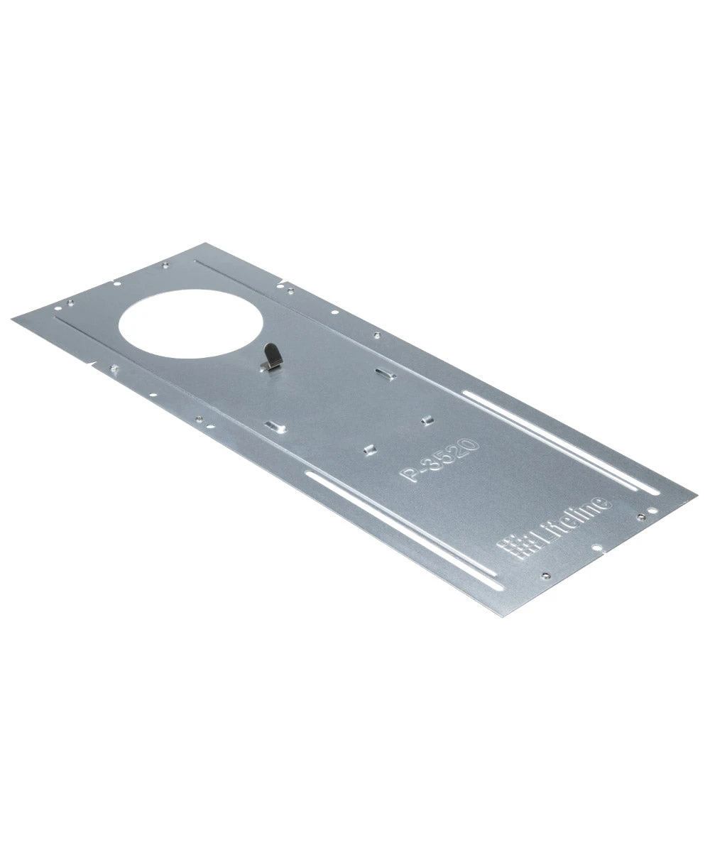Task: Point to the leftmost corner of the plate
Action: pos(13,315)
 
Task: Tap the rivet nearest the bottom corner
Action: pos(545,575)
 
